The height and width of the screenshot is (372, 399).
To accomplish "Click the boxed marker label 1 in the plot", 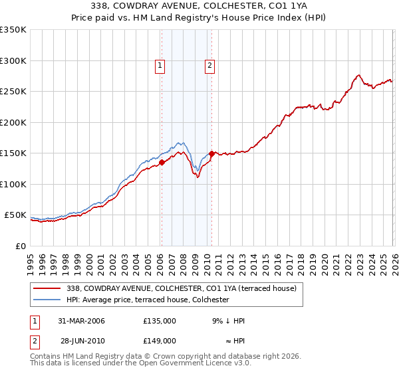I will [161, 65].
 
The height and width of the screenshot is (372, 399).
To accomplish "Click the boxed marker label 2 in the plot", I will [210, 65].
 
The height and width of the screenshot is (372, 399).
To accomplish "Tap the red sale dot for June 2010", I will [211, 153].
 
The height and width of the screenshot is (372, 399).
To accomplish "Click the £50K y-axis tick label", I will [15, 215].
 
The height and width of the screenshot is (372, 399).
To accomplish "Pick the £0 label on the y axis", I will [20, 246].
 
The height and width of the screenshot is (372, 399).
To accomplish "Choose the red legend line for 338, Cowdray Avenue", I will [47, 288].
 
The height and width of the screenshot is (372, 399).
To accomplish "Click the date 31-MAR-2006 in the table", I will [82, 321].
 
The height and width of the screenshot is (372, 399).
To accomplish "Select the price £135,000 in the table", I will [159, 321].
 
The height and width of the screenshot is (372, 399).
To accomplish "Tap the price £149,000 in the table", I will [159, 340].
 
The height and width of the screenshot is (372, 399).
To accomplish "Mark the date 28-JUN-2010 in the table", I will [82, 340].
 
